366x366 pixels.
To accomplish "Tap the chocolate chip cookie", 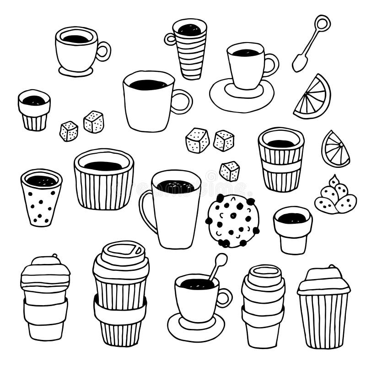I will point(233,221).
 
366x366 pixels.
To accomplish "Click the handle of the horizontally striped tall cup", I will point(170,39).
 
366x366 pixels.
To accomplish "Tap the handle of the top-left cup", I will point(103,51).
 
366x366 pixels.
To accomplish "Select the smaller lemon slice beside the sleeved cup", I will point(335,150).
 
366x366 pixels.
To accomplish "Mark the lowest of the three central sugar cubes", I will point(229,171).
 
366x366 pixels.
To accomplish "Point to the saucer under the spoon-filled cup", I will point(196,328).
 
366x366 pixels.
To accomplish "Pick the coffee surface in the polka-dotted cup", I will point(41,180).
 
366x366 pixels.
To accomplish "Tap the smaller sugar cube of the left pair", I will point(69,131).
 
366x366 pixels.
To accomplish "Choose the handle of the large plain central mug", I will point(182,102).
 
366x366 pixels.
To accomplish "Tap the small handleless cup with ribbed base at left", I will point(34,110).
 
